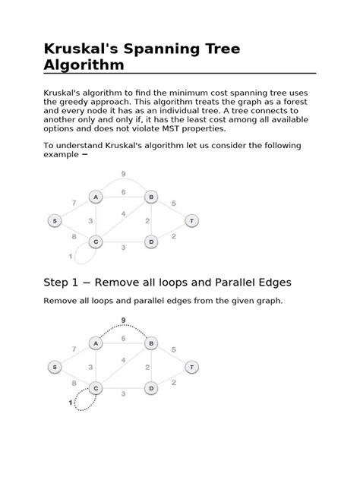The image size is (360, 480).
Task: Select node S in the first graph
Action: click(55, 220)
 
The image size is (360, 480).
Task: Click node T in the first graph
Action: click(192, 220)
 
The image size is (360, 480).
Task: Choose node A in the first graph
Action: click(96, 197)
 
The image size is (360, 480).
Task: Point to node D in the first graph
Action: click(151, 242)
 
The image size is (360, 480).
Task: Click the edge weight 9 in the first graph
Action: click(123, 174)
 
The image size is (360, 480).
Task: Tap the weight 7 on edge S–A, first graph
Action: click(74, 203)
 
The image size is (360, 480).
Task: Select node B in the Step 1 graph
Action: click(151, 343)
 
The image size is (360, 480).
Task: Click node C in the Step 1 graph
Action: click(96, 388)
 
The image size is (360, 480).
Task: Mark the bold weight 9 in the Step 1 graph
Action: click(123, 321)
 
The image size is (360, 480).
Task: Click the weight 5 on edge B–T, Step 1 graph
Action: click(174, 349)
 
